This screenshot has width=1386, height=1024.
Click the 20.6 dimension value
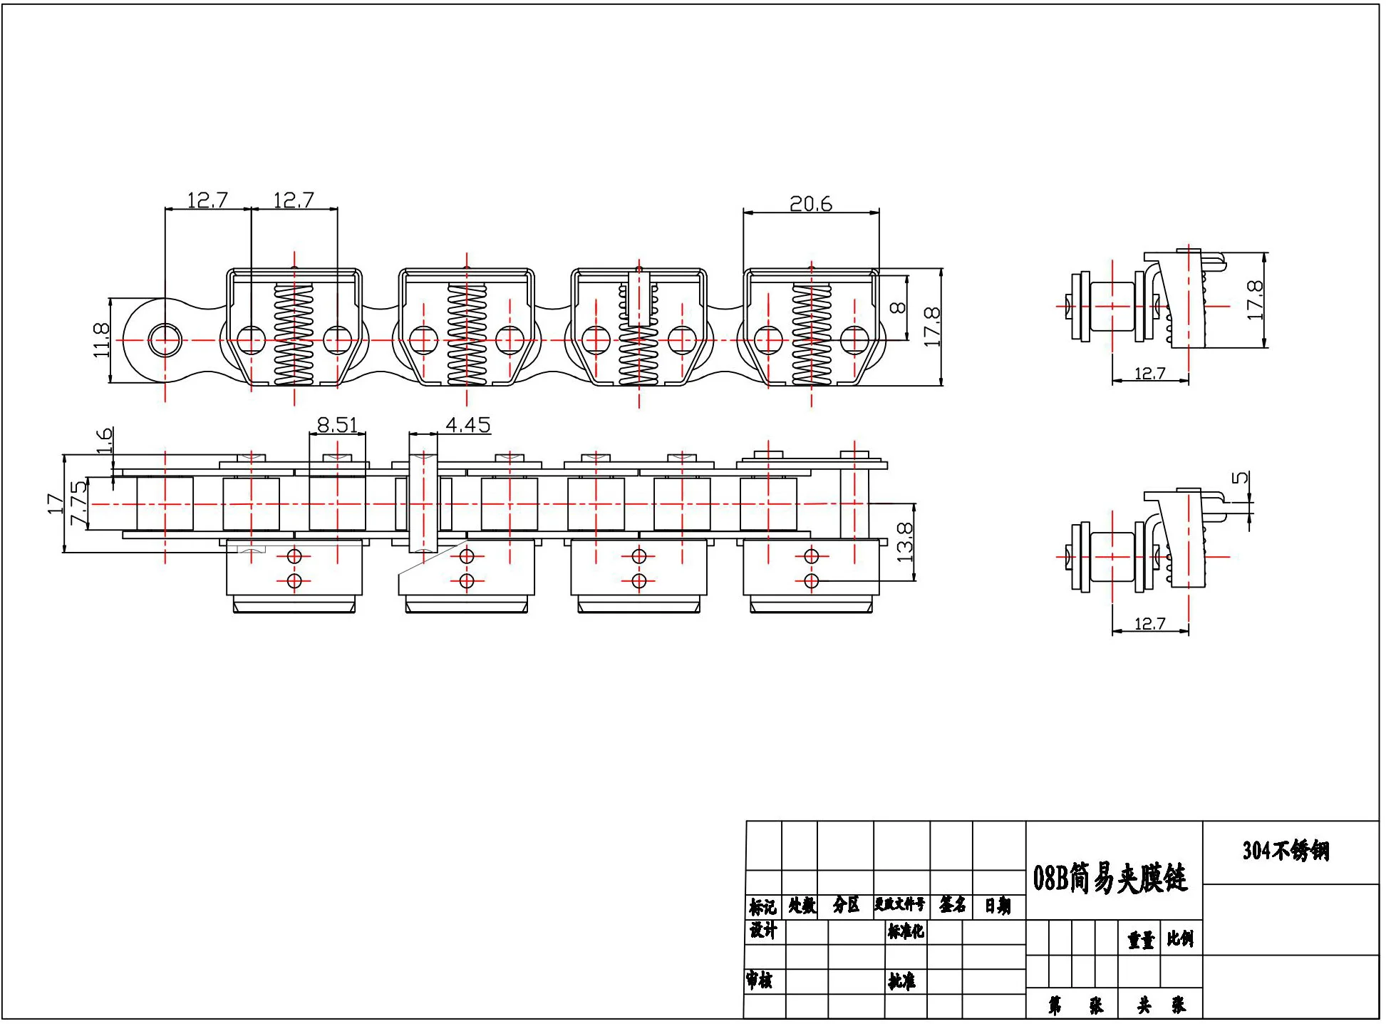pyautogui.click(x=812, y=205)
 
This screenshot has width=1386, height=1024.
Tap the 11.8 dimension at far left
pyautogui.click(x=101, y=340)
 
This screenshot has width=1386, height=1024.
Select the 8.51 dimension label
pyautogui.click(x=337, y=425)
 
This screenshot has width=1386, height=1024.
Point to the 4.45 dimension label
pyautogui.click(x=468, y=425)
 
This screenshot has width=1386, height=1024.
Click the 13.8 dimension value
pyautogui.click(x=904, y=542)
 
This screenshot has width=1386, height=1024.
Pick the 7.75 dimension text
pyautogui.click(x=78, y=503)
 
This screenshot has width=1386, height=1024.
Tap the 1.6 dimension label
pyautogui.click(x=104, y=441)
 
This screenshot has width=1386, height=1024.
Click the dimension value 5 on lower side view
pyautogui.click(x=1241, y=477)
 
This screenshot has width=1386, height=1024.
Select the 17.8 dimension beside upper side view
pyautogui.click(x=1255, y=300)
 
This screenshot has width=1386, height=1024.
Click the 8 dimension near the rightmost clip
pyautogui.click(x=899, y=307)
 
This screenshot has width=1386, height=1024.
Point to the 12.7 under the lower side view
pyautogui.click(x=1149, y=624)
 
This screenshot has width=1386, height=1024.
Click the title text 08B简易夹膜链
pyautogui.click(x=1110, y=878)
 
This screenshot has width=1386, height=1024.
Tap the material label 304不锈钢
pyautogui.click(x=1286, y=851)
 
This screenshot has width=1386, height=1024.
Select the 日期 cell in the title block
pyautogui.click(x=998, y=906)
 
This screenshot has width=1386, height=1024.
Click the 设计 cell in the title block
pyautogui.click(x=762, y=930)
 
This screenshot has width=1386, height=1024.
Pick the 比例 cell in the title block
pyautogui.click(x=1180, y=938)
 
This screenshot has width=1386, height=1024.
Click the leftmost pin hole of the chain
pyautogui.click(x=165, y=339)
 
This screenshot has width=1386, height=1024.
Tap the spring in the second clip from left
pyautogui.click(x=467, y=334)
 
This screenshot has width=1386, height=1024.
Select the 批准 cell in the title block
pyautogui.click(x=901, y=981)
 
